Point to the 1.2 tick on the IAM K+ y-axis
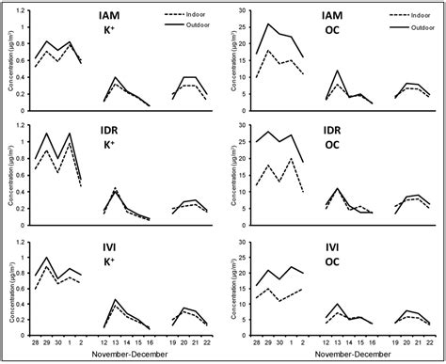click(22, 11)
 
